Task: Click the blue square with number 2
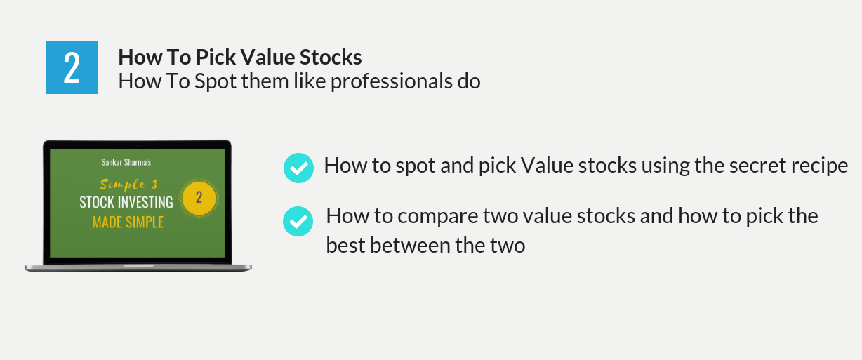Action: point(72,67)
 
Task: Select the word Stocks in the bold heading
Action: point(331,58)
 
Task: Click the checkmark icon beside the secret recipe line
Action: point(298,168)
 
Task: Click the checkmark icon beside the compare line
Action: point(298,222)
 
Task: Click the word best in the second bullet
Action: point(345,246)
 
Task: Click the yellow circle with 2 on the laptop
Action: point(199,198)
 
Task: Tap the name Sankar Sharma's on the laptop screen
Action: point(126,162)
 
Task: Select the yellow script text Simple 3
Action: point(128,185)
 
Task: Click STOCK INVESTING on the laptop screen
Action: point(126,202)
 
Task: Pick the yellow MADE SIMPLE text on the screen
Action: point(128,222)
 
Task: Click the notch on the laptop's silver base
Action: point(138,266)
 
